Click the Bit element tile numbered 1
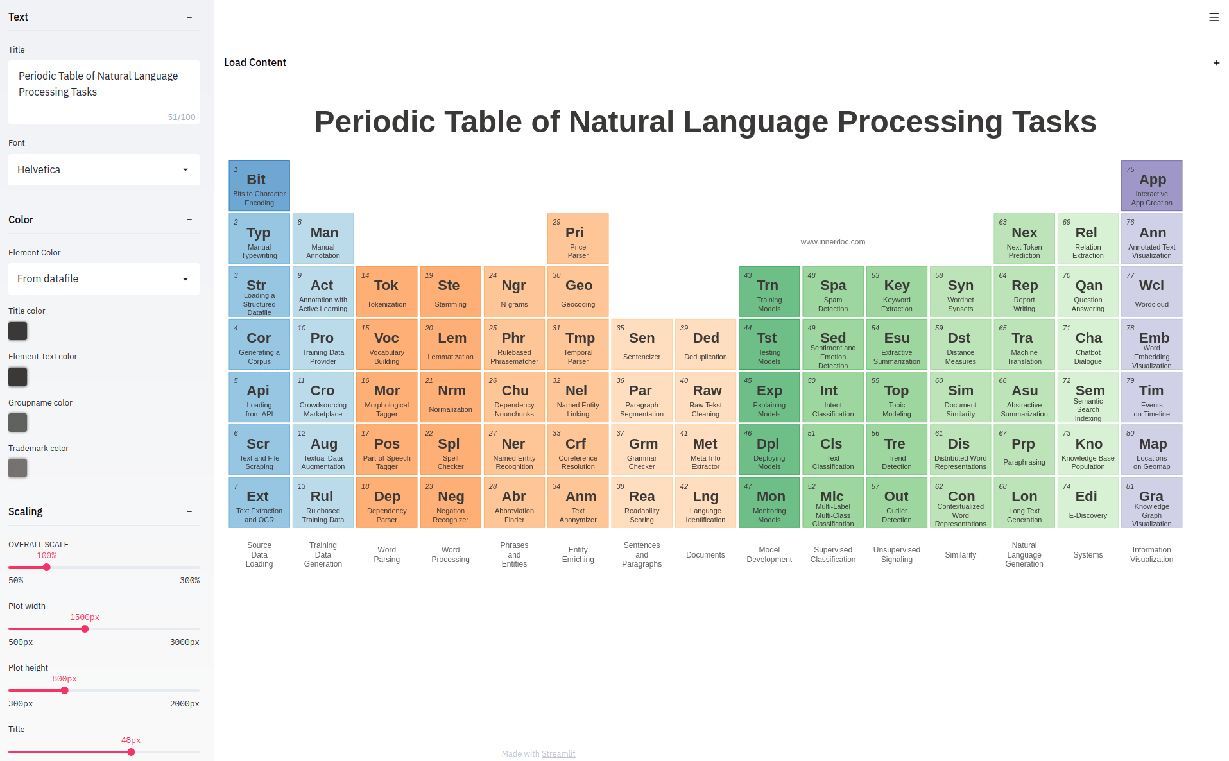point(259,186)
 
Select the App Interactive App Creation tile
point(1151,186)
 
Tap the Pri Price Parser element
point(578,239)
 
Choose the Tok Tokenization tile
point(386,291)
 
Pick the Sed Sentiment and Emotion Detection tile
point(832,345)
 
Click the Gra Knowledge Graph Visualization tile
point(1151,502)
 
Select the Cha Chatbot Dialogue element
point(1088,345)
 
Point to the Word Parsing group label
point(386,554)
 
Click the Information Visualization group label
point(1151,554)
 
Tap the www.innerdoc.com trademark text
point(832,242)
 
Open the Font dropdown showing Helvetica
point(103,169)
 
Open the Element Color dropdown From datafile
point(103,278)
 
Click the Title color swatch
point(18,331)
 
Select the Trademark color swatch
point(18,468)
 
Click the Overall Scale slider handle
point(46,567)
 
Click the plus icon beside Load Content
point(1216,63)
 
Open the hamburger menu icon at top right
point(1214,17)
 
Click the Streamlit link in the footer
point(558,753)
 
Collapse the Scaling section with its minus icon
point(189,511)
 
